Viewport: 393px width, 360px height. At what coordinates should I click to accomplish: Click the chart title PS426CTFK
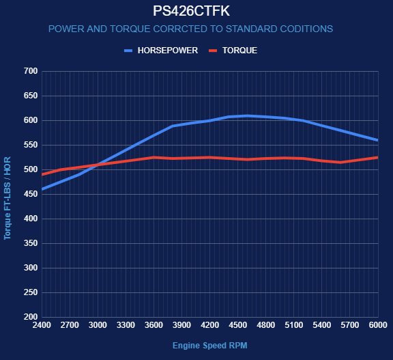tap(191, 11)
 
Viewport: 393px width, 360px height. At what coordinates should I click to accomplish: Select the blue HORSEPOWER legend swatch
tap(128, 51)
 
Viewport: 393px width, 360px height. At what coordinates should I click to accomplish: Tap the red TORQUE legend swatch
tap(213, 51)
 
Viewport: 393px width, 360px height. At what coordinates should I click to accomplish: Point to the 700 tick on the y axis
tap(31, 71)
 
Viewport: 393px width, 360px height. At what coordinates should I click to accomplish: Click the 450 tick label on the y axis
tap(31, 194)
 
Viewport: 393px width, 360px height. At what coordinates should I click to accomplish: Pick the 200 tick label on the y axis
tap(31, 317)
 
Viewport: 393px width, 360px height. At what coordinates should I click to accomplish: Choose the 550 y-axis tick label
tap(31, 145)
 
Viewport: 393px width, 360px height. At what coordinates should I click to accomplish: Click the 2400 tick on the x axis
tap(42, 325)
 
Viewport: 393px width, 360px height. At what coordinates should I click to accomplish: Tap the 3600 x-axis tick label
tap(154, 325)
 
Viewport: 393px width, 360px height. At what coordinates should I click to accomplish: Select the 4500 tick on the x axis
tap(238, 325)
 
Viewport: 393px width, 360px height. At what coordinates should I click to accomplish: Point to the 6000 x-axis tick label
tap(378, 325)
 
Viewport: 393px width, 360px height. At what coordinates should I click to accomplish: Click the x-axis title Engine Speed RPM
tap(210, 346)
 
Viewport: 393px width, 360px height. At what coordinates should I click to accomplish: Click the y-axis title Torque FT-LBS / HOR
tap(8, 198)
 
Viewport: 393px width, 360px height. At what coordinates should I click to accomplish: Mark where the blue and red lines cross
tap(98, 165)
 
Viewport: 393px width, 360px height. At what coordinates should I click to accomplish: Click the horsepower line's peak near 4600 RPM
tap(247, 116)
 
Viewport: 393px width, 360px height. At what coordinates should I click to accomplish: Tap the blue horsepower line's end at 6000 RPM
tap(377, 140)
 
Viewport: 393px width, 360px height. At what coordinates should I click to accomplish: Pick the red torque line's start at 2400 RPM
tap(42, 174)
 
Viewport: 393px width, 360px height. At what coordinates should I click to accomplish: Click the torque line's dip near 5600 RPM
tap(340, 163)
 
